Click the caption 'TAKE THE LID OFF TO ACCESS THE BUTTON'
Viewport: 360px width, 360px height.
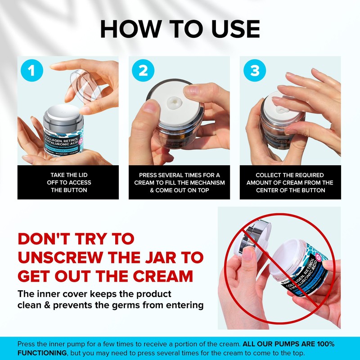[68, 182]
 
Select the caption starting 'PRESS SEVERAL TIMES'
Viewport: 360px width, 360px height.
[179, 182]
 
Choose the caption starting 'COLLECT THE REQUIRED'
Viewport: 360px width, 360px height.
[290, 182]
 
